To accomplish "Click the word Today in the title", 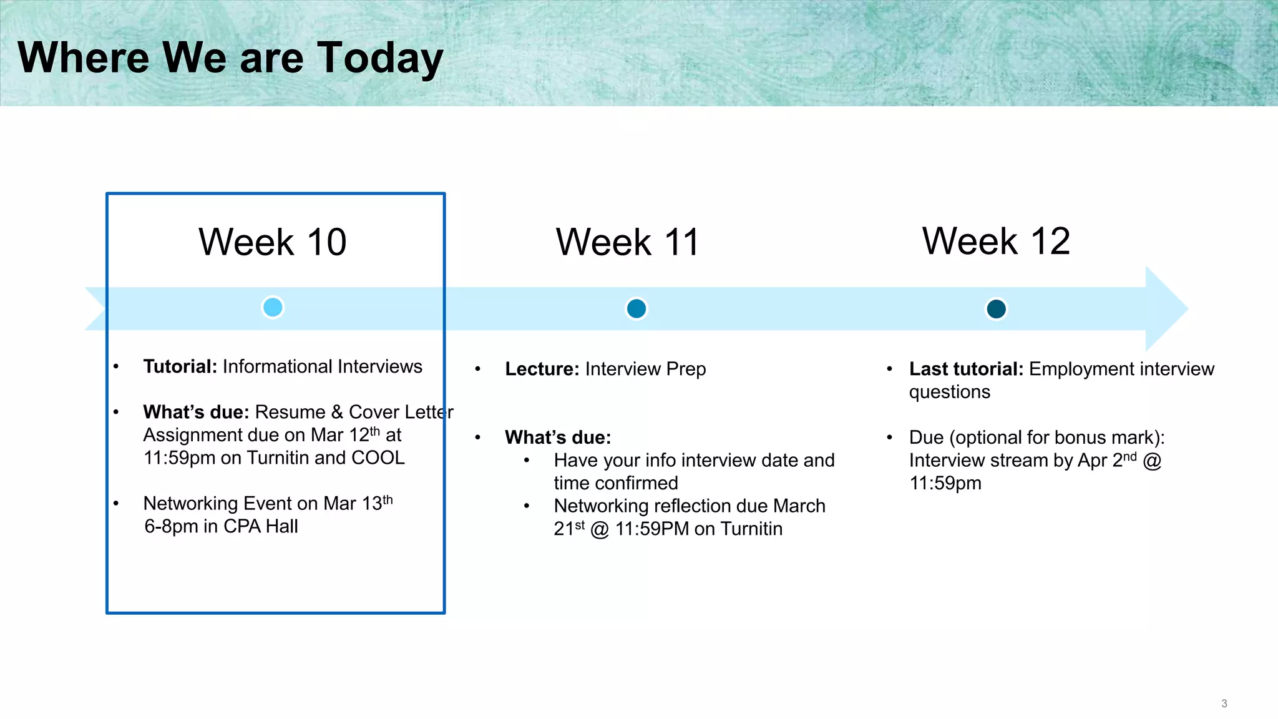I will [x=380, y=58].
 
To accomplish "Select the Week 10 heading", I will [x=273, y=242].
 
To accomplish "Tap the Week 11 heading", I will [x=628, y=242].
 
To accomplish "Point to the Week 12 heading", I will [x=996, y=241].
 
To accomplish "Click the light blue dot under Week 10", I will [x=273, y=307].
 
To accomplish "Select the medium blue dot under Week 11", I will [x=636, y=308].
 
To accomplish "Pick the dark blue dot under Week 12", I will [x=996, y=308].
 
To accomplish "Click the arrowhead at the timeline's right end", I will [x=1166, y=308].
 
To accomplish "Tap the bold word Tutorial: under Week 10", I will [x=180, y=366].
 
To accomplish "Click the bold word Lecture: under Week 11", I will [x=542, y=369].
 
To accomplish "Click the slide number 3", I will [x=1224, y=703].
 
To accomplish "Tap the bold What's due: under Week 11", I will [x=557, y=438].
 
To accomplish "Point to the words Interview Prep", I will [x=645, y=369].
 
